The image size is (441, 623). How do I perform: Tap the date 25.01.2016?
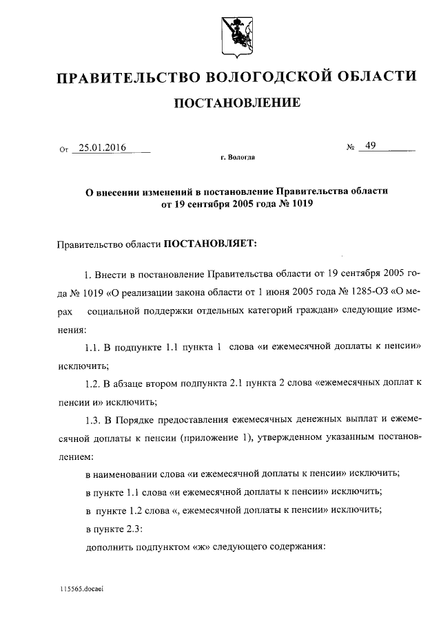coord(102,147)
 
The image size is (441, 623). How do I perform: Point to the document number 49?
coord(371,146)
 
